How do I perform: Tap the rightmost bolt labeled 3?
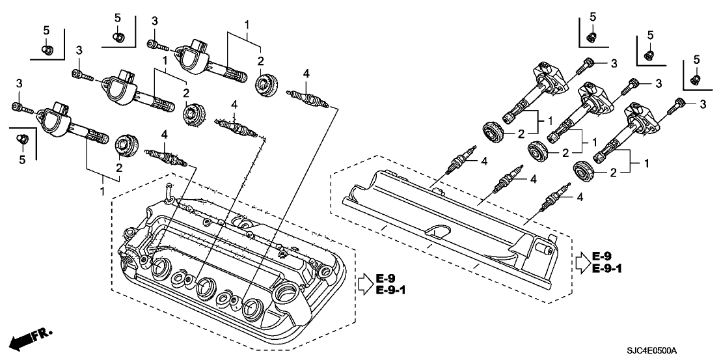[x=681, y=102]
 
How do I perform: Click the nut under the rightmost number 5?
[x=695, y=79]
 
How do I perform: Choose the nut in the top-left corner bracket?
[x=47, y=48]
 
